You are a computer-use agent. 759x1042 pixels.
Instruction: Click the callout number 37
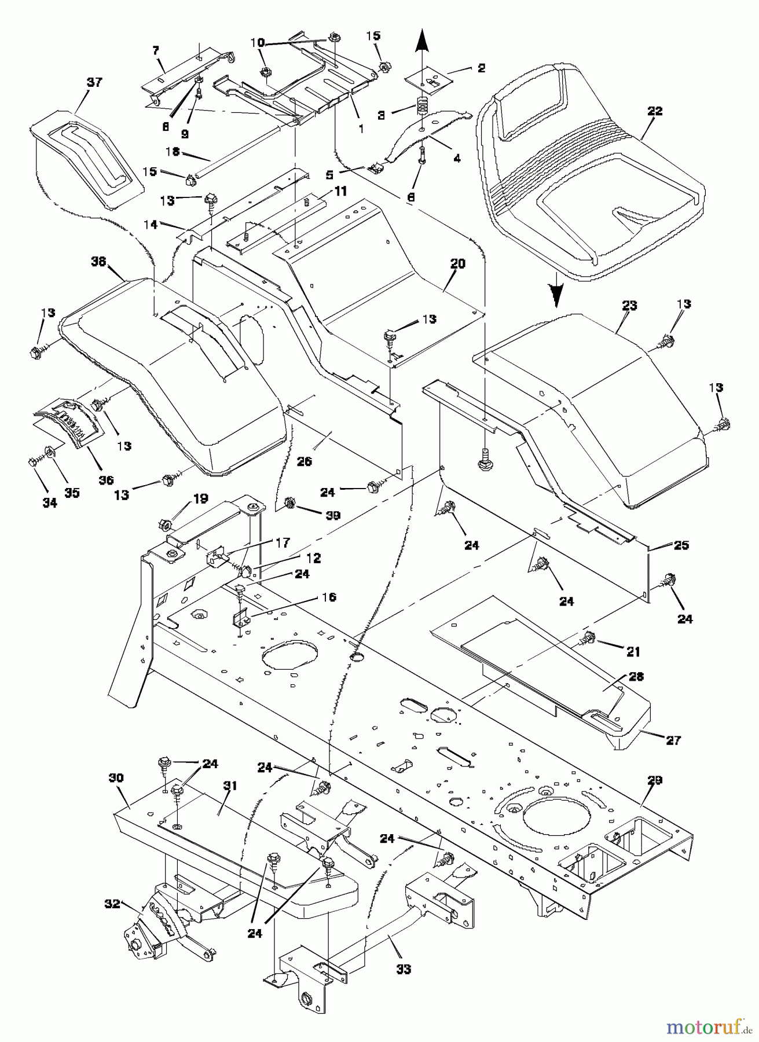[x=94, y=82]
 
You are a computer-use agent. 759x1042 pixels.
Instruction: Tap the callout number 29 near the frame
[x=654, y=781]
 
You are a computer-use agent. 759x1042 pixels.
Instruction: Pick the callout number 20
[x=457, y=263]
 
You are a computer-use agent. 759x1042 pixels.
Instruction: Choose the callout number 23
[x=629, y=305]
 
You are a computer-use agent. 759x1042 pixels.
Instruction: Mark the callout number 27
[x=673, y=740]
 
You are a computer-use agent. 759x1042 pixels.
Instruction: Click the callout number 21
[x=633, y=651]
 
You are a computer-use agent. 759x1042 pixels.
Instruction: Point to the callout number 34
[x=50, y=503]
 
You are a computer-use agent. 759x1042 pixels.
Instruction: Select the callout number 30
[x=115, y=779]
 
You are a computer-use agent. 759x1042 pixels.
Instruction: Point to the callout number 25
[x=681, y=545]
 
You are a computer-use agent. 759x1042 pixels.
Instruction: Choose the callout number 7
[x=155, y=50]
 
